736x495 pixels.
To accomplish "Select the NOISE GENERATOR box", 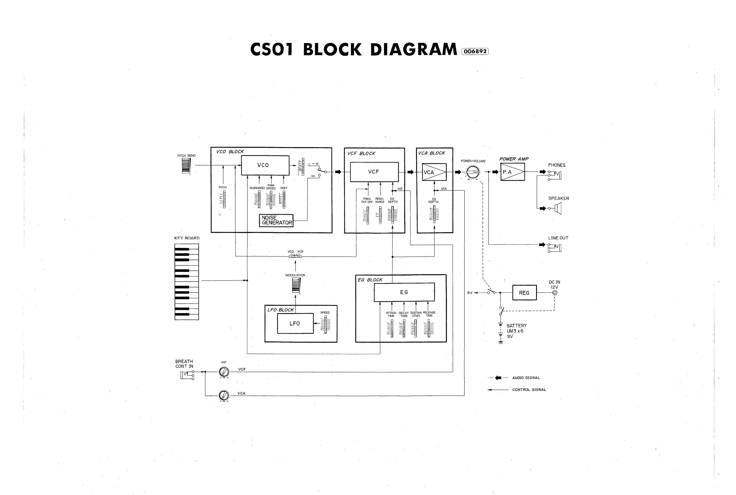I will (x=276, y=220).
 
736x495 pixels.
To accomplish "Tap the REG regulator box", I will (x=524, y=293).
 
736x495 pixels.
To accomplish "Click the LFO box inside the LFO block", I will (x=295, y=323).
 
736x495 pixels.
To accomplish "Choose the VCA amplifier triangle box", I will (x=434, y=172).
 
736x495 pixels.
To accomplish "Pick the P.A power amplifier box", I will (x=513, y=172).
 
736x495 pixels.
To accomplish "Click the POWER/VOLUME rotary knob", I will (x=473, y=172).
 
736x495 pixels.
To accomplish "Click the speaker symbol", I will (x=558, y=208).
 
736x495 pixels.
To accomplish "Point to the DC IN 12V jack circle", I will (x=555, y=293).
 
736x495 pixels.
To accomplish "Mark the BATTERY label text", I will (x=516, y=326).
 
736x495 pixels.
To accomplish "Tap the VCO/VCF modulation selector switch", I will (x=295, y=256).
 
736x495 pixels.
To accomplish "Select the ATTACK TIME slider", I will (x=392, y=328).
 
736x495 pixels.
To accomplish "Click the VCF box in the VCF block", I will (x=374, y=172).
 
